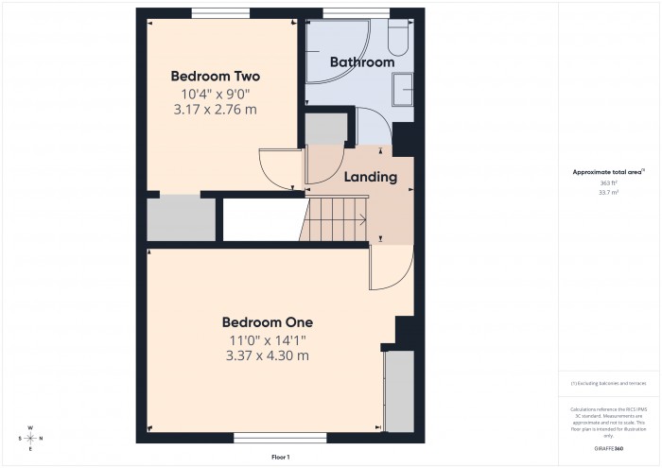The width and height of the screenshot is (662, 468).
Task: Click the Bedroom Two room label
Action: pos(215,76)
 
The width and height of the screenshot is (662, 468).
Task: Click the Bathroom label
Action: pos(361,62)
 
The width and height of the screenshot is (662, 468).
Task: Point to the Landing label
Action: pos(370,177)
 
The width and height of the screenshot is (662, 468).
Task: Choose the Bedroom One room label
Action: pos(267,321)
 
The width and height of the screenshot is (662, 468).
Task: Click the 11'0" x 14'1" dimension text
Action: pos(267,339)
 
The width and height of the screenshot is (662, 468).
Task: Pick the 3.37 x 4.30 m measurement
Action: pos(267,355)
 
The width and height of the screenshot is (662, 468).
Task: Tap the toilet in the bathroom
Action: pos(397,38)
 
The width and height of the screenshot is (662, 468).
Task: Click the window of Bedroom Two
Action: pos(220,13)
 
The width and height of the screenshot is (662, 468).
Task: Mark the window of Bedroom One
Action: pos(267,438)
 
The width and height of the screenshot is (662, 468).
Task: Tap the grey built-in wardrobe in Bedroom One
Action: pos(399,388)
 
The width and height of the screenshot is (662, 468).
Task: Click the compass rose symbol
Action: pos(30,438)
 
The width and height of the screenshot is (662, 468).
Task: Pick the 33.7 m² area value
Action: pos(608,192)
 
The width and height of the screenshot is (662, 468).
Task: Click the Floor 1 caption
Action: pos(280,457)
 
